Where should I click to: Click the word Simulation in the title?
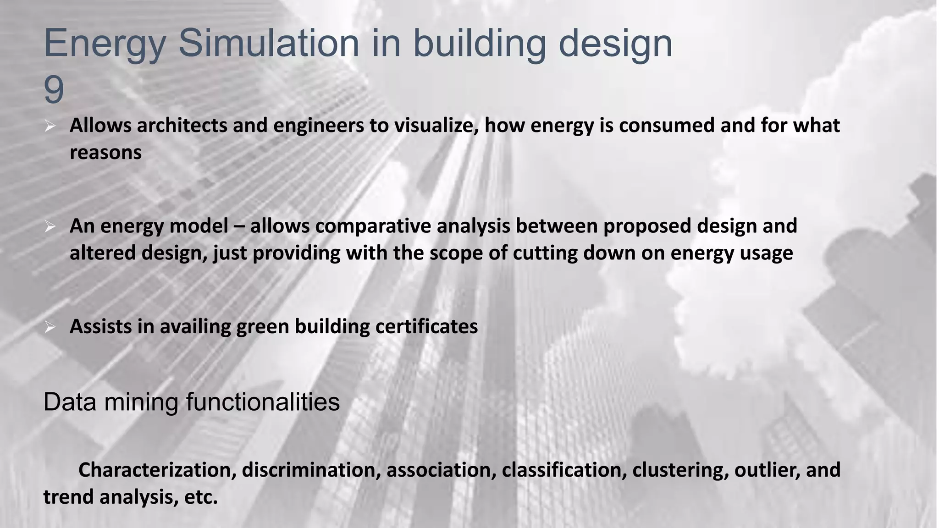(x=269, y=43)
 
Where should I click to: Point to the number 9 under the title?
(x=54, y=90)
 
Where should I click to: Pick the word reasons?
(x=105, y=153)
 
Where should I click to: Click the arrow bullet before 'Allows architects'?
(x=50, y=126)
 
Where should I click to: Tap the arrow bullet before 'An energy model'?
(x=50, y=226)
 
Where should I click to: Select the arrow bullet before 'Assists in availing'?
(x=50, y=327)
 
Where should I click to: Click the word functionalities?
(x=263, y=402)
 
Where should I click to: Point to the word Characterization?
(x=157, y=470)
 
